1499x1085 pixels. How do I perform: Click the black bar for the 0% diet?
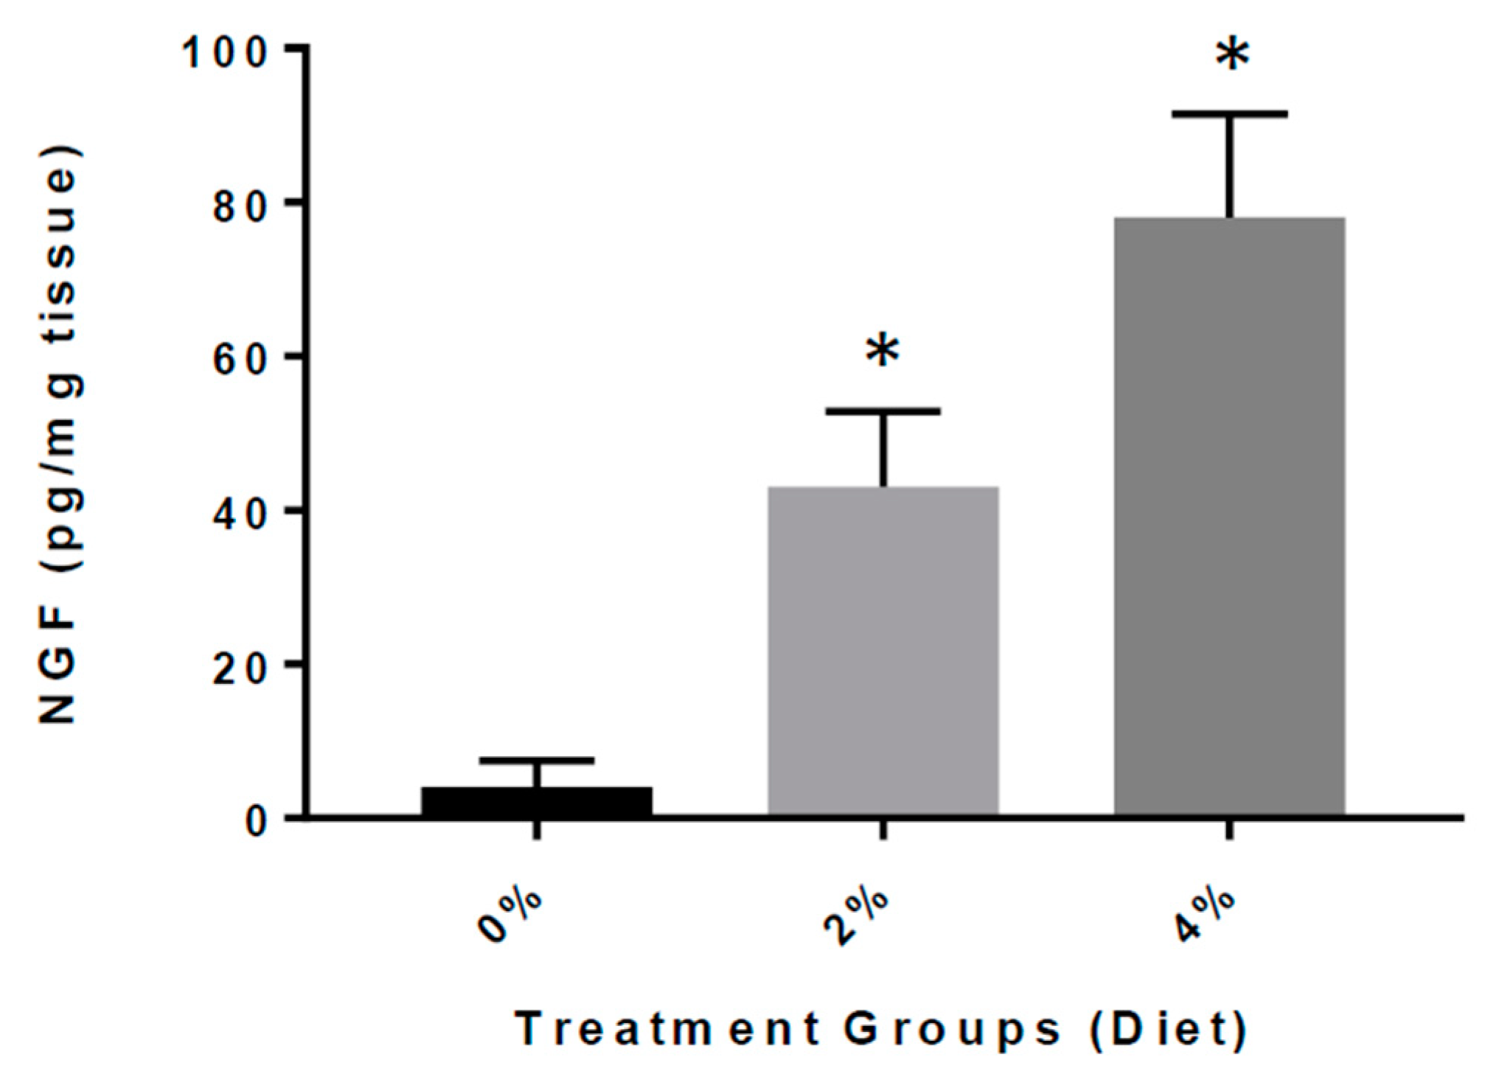[536, 801]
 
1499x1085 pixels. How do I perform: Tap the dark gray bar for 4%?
[1229, 516]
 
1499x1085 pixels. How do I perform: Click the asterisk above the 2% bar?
[883, 352]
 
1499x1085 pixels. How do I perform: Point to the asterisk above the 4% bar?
[1233, 57]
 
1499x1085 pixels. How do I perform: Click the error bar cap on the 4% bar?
[1229, 114]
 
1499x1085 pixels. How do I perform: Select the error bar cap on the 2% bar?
[883, 411]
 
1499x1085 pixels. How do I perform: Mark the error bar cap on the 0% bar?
[536, 759]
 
